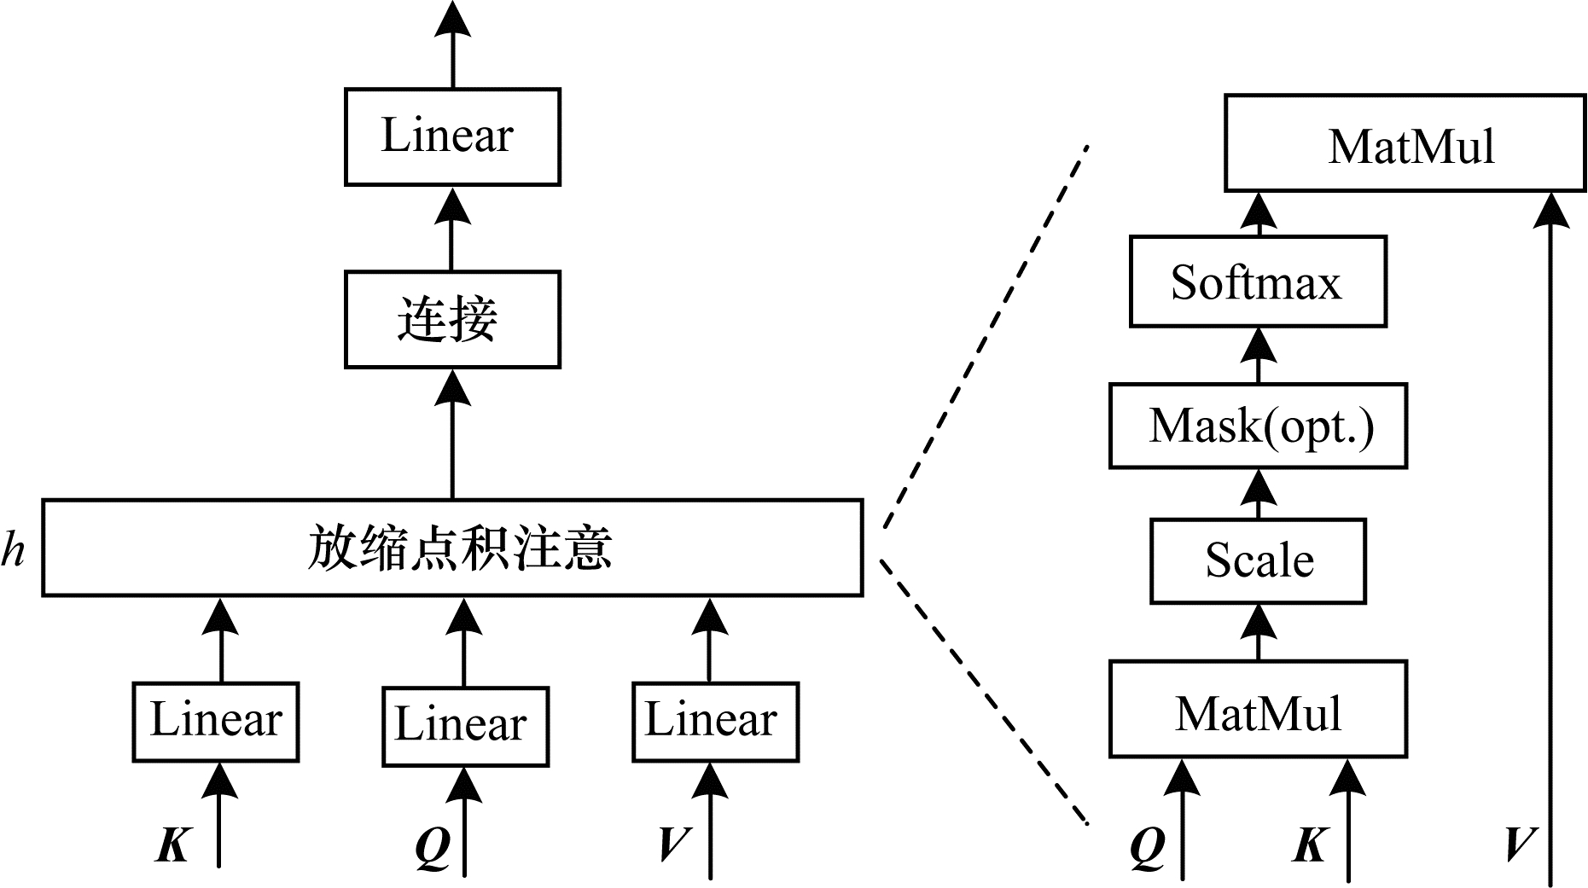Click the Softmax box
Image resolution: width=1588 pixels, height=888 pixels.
click(x=1257, y=281)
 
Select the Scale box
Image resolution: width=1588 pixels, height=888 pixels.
click(x=1257, y=560)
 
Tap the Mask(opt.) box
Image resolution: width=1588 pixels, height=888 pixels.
click(x=1257, y=426)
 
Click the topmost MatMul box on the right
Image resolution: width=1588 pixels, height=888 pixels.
click(x=1405, y=142)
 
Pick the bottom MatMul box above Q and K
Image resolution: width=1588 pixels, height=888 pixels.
click(x=1257, y=709)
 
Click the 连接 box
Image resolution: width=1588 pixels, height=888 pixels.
click(x=451, y=320)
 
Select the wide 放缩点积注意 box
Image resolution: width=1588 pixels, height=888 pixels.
click(x=451, y=548)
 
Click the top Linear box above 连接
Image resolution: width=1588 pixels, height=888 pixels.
click(x=451, y=136)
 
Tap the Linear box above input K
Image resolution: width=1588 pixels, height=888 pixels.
click(x=215, y=722)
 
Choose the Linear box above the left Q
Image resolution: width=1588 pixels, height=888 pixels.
click(x=464, y=726)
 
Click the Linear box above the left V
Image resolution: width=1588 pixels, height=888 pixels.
click(x=715, y=722)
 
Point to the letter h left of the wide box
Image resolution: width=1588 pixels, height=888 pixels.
click(x=13, y=549)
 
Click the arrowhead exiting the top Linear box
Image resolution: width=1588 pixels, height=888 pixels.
click(x=452, y=19)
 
